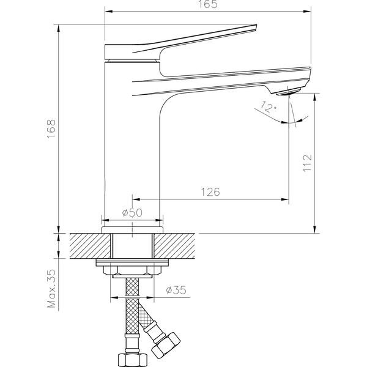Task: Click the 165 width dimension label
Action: [208, 4]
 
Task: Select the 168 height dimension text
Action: [51, 129]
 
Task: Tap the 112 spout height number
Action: [308, 163]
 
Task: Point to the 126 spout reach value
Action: [210, 192]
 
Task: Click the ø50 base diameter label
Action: [132, 213]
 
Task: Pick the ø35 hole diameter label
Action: [176, 290]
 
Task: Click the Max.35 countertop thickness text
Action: [51, 288]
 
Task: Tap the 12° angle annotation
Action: [269, 107]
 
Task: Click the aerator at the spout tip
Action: [288, 92]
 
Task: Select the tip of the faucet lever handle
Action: [256, 25]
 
